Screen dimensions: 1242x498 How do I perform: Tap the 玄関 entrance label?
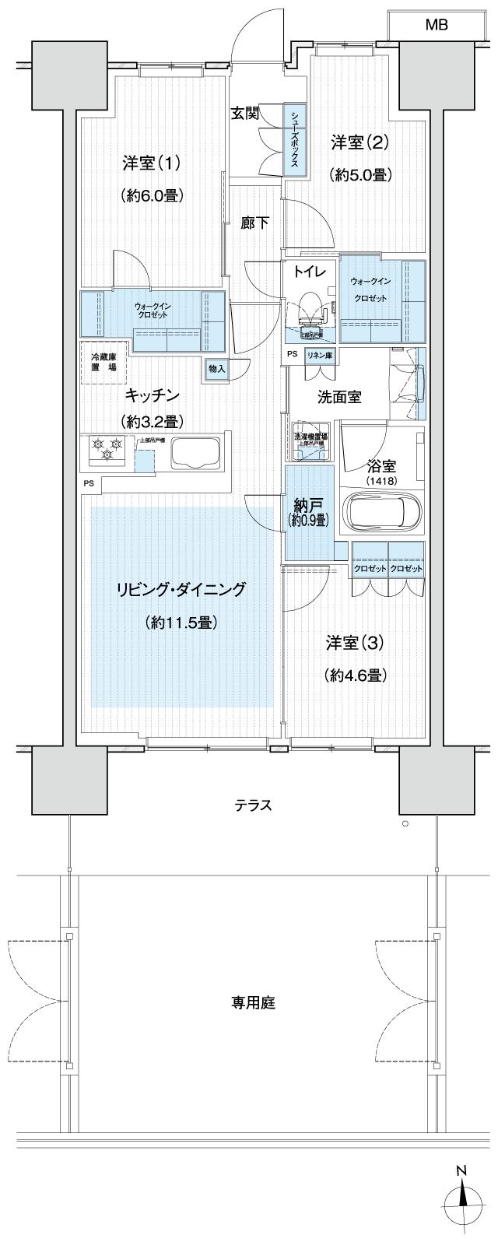tap(244, 113)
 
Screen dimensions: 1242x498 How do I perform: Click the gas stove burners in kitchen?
tap(107, 448)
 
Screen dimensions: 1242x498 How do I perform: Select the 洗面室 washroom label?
tap(338, 396)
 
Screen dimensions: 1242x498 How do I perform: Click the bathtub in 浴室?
tap(384, 514)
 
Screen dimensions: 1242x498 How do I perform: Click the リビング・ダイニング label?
tap(180, 589)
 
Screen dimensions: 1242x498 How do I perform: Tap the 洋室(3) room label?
tap(355, 643)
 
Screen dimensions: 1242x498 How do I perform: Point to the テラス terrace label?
tap(254, 805)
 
